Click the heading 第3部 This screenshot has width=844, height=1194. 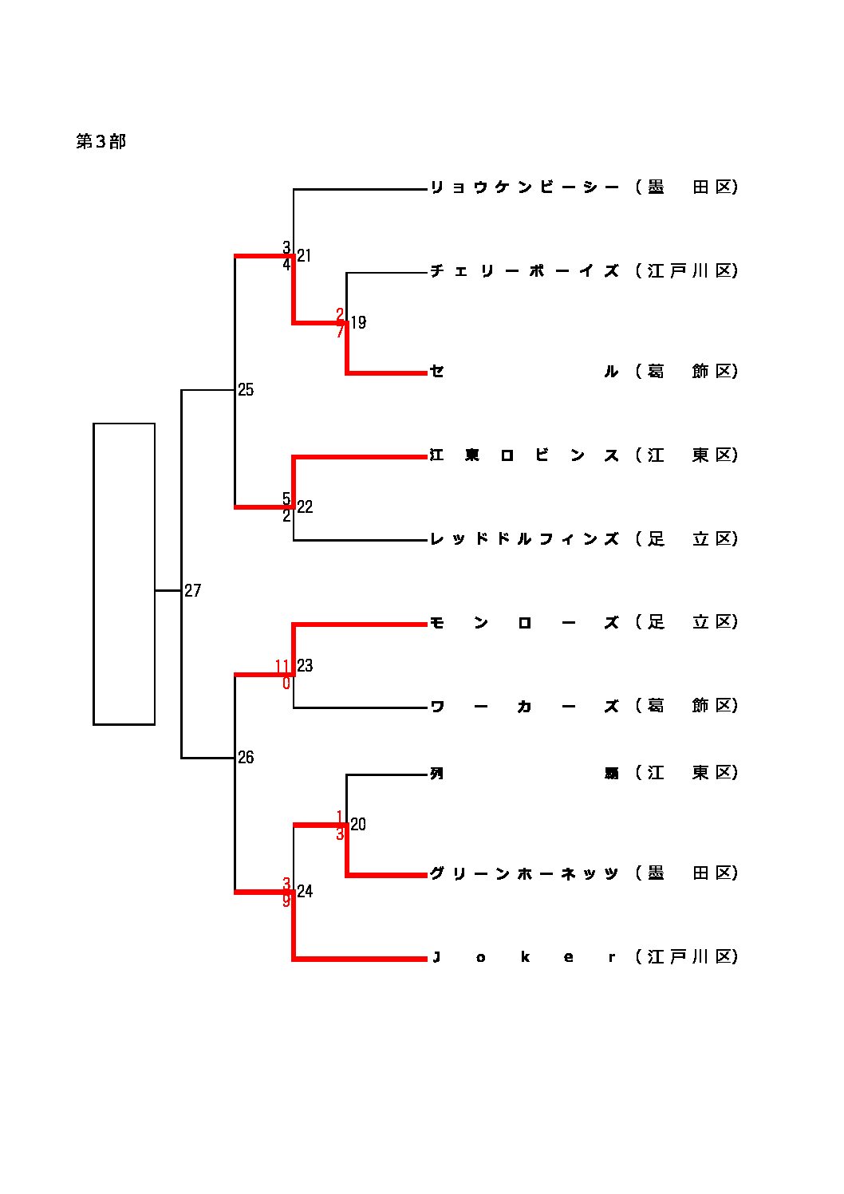pos(101,142)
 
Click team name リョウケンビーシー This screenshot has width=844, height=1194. pos(524,187)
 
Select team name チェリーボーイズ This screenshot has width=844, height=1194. pos(524,271)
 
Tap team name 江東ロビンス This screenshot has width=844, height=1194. pos(524,455)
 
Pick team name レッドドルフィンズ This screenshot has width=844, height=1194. pos(524,539)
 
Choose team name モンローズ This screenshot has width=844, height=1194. pos(524,623)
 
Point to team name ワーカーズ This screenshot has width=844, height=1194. pos(524,707)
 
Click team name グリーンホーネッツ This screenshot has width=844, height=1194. pos(524,873)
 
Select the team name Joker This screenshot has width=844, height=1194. pos(524,957)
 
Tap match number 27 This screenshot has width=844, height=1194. pos(193,591)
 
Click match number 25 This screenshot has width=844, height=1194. pos(246,390)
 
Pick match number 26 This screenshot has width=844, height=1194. pos(246,758)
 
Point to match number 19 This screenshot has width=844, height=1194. pos(358,323)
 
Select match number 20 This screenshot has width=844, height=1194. pos(358,825)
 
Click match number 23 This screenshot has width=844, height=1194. pos(305,666)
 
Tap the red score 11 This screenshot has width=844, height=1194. pos(282,666)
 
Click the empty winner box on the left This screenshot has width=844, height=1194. pos(124,573)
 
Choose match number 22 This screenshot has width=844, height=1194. pos(305,507)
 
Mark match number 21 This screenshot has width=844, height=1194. pos(304,256)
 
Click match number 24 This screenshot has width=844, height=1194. pos(305,892)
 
